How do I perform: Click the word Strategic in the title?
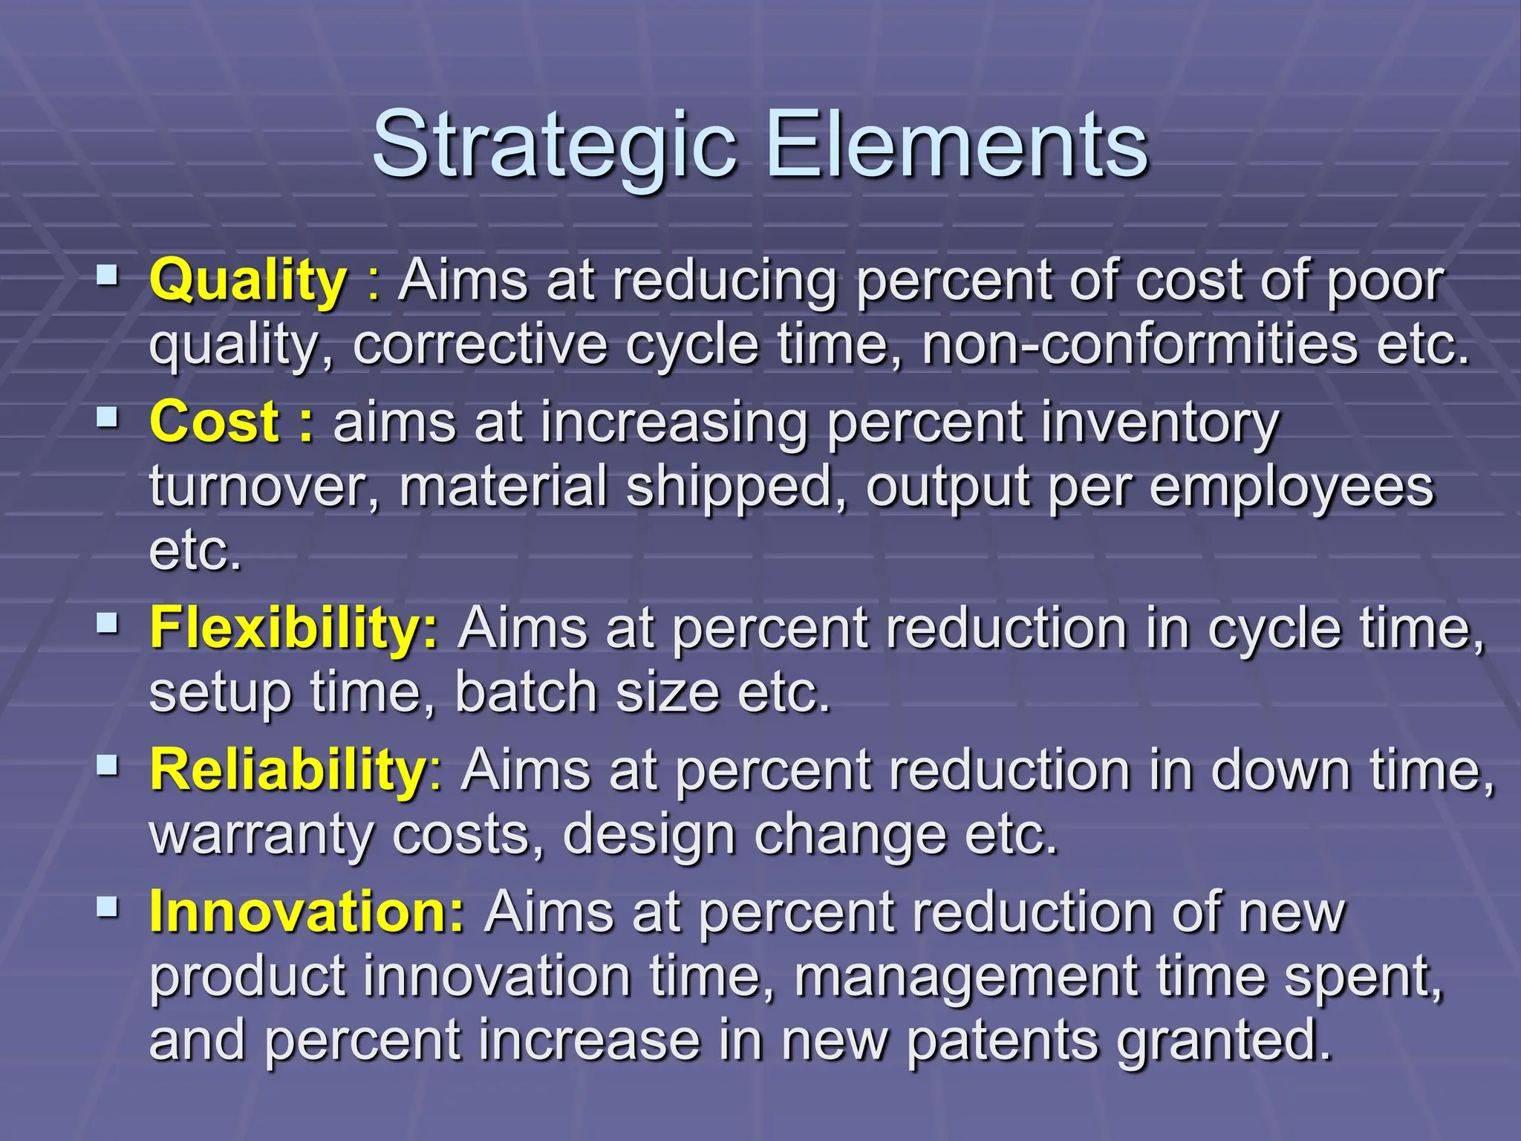point(553,145)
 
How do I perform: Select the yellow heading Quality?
point(248,281)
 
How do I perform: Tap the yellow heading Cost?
point(215,422)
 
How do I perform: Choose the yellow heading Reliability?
point(287,770)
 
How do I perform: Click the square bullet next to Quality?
point(108,277)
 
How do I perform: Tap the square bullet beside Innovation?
point(108,906)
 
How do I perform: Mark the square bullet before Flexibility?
point(108,623)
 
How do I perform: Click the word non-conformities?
point(1139,345)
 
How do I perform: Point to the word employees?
point(1292,487)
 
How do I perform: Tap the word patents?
point(1002,1040)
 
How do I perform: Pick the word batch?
point(526,692)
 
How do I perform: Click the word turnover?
point(264,487)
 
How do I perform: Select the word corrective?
point(480,345)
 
